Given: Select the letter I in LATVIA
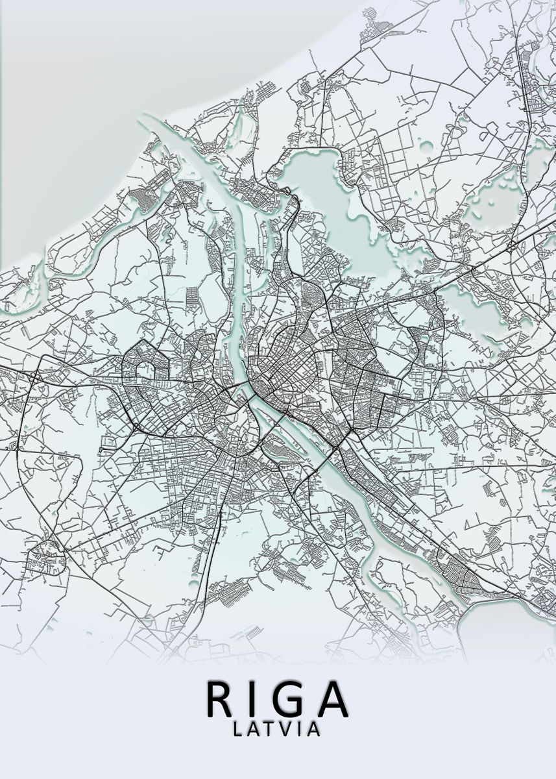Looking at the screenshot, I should (x=300, y=729).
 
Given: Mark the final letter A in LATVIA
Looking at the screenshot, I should (x=313, y=729).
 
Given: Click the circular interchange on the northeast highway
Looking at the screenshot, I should (x=513, y=246).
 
